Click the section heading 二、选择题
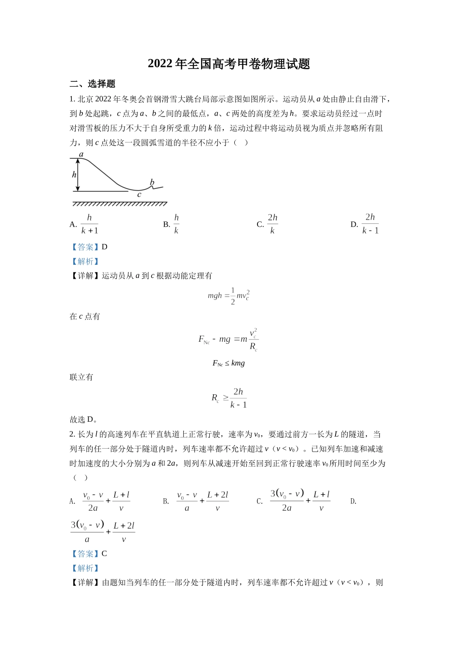pyautogui.click(x=93, y=84)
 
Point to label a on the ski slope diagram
pyautogui.click(x=81, y=155)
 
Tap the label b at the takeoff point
pyautogui.click(x=152, y=182)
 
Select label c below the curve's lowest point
pyautogui.click(x=139, y=195)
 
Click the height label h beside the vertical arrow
pyautogui.click(x=74, y=175)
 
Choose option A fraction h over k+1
pyautogui.click(x=90, y=224)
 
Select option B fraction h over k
pyautogui.click(x=176, y=224)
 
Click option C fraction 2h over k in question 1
pyautogui.click(x=272, y=224)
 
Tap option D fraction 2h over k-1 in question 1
pyautogui.click(x=370, y=224)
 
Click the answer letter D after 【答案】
pyautogui.click(x=105, y=247)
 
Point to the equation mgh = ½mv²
pyautogui.click(x=229, y=296)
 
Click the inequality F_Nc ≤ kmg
pyautogui.click(x=229, y=363)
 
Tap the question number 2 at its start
pyautogui.click(x=72, y=434)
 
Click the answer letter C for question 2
pyautogui.click(x=105, y=554)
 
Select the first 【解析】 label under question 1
pyautogui.click(x=85, y=261)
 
